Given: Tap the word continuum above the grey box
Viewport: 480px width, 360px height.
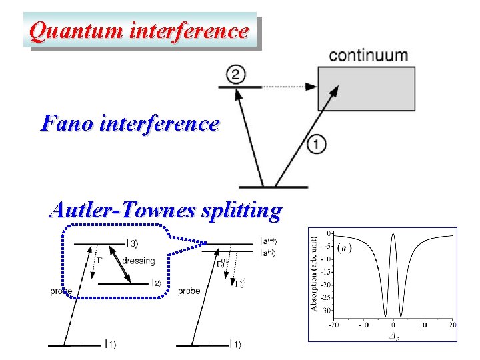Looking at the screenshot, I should pyautogui.click(x=369, y=55).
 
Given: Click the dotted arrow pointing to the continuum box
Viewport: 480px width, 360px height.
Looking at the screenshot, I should pyautogui.click(x=287, y=87).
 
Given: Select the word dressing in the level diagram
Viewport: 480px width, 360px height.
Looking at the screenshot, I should pyautogui.click(x=139, y=261).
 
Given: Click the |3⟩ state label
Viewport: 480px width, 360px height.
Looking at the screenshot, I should pyautogui.click(x=132, y=244).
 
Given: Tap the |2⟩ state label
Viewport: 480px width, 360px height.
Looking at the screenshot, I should pyautogui.click(x=157, y=283).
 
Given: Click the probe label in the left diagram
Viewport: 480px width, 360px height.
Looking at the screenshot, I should pyautogui.click(x=61, y=291).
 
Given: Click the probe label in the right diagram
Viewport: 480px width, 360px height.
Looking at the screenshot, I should pyautogui.click(x=189, y=291).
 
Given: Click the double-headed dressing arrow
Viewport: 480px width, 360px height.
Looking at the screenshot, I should pyautogui.click(x=121, y=265).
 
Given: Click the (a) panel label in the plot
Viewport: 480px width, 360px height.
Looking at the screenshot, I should pyautogui.click(x=345, y=248).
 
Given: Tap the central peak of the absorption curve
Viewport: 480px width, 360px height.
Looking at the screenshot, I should pyautogui.click(x=393, y=235).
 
